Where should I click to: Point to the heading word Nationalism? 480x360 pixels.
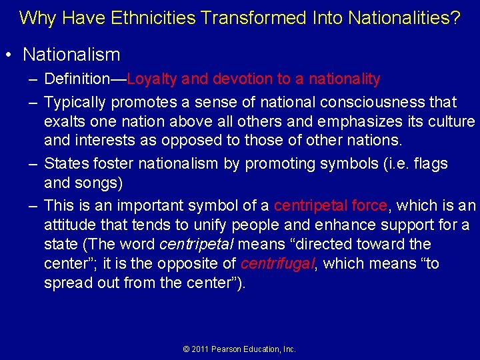pos(71,55)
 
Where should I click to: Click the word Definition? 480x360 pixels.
pos(75,79)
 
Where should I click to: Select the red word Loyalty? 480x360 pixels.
pos(153,79)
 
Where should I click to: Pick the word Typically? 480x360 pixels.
pos(75,103)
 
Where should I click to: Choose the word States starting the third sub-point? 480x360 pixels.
pos(65,164)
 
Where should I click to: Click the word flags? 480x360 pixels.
pos(431,164)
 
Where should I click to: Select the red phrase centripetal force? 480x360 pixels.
pos(330,206)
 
